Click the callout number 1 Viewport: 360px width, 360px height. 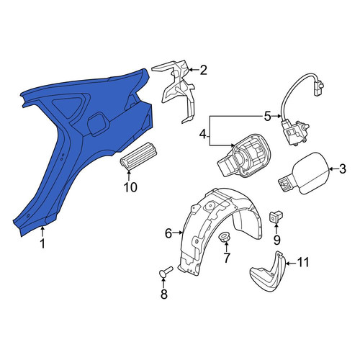point(42,244)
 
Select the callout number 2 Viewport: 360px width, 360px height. point(203,70)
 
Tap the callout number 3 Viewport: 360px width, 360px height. point(343,169)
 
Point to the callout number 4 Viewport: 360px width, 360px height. point(203,135)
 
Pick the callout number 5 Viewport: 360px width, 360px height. point(267,117)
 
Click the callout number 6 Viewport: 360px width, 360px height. point(168,233)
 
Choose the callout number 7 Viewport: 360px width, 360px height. point(226,258)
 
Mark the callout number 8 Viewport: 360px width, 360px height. point(163,294)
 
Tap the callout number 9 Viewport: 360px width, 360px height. point(276,240)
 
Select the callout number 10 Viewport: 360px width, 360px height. point(130,187)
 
